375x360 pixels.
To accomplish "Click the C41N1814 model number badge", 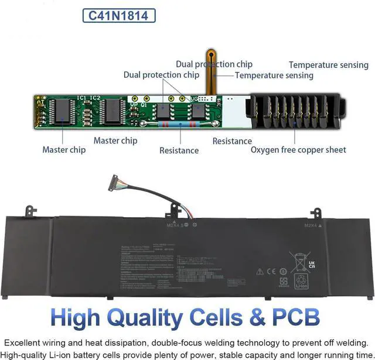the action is point(118,15).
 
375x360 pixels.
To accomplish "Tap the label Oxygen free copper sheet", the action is point(298,150).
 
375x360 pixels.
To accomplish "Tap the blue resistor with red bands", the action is point(178,124).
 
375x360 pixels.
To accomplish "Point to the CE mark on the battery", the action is point(271,272).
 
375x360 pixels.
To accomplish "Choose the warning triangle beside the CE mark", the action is point(259,272).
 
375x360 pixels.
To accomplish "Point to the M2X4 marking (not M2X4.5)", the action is point(311,225).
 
